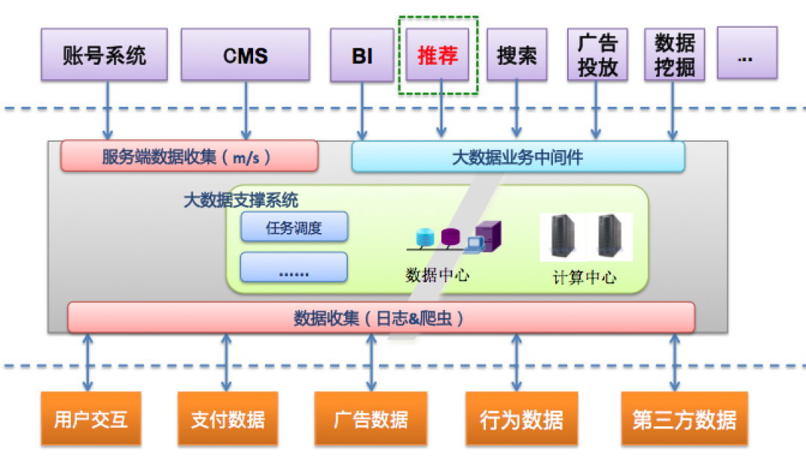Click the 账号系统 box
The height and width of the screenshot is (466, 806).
pos(104,55)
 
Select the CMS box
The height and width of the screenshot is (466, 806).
pos(246,55)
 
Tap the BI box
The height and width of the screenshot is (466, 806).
pos(362,55)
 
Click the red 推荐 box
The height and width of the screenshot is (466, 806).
pos(437,55)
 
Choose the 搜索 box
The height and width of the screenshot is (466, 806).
pos(516,55)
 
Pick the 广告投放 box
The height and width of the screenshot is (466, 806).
pos(597,55)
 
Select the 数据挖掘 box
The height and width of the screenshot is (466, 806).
pos(675,55)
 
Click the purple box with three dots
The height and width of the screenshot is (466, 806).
pos(747,53)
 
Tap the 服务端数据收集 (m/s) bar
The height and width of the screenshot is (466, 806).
pos(189,156)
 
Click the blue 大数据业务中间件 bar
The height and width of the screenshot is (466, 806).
pos(518,157)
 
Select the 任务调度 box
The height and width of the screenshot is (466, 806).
pos(294,227)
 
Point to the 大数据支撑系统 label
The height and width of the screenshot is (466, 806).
pos(240,199)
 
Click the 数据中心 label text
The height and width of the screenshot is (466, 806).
pos(437,275)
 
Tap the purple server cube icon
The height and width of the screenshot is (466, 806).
pos(488,236)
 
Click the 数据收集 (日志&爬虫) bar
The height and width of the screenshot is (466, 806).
pos(381,318)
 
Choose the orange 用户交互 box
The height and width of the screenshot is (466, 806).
pos(91,419)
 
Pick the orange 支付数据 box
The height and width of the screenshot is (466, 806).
pos(228,419)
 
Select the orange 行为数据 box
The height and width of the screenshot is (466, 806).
pos(522,419)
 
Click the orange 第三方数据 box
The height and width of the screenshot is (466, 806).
pos(684,419)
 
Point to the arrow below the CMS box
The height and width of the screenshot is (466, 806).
pos(246,110)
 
